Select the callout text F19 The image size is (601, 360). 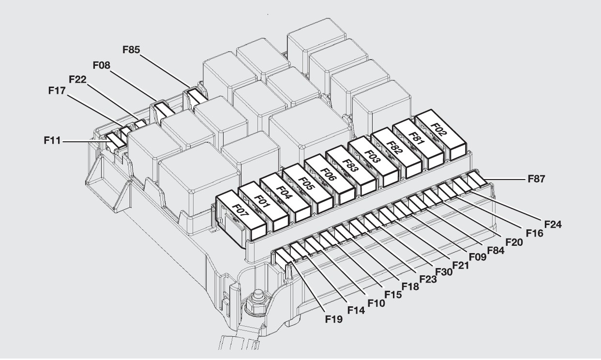[x=334, y=319]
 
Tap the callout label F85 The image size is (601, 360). [x=132, y=49]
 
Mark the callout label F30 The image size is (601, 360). [x=444, y=271]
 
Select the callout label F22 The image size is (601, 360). [x=78, y=79]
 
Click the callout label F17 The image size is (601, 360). [x=58, y=90]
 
